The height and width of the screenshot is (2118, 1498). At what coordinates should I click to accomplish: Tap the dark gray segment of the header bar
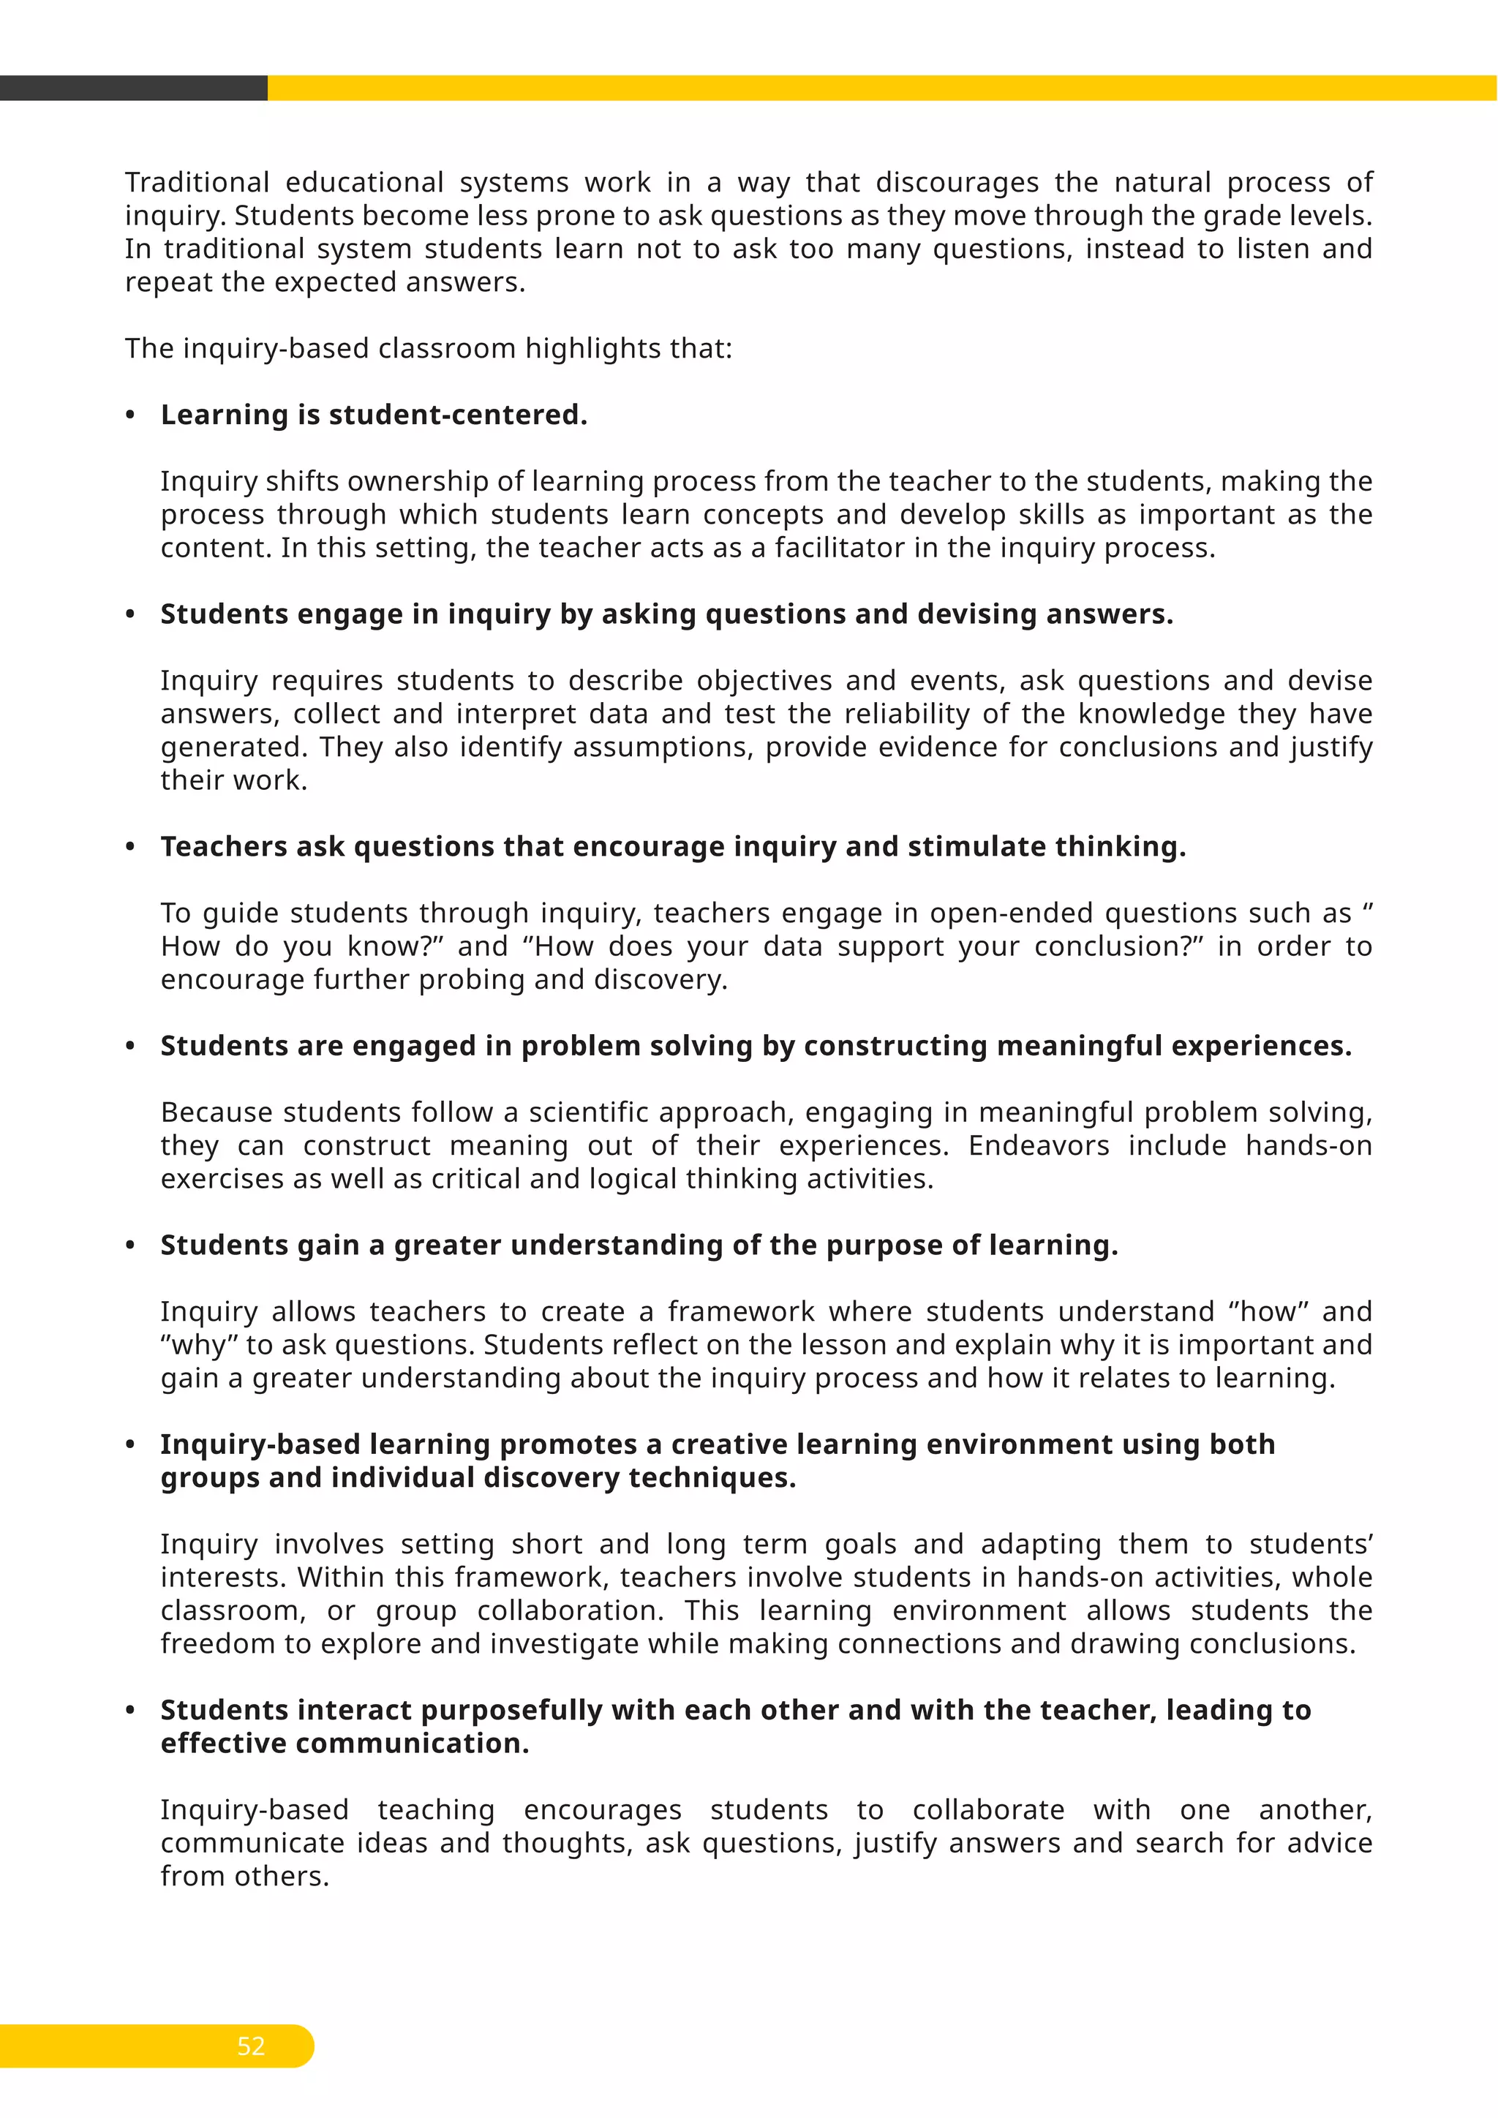point(134,88)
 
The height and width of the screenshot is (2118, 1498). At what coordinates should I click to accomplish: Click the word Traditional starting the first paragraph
point(197,183)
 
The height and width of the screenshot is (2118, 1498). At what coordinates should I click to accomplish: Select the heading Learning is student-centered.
point(374,415)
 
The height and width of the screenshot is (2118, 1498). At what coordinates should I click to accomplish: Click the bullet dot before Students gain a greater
point(130,1246)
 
